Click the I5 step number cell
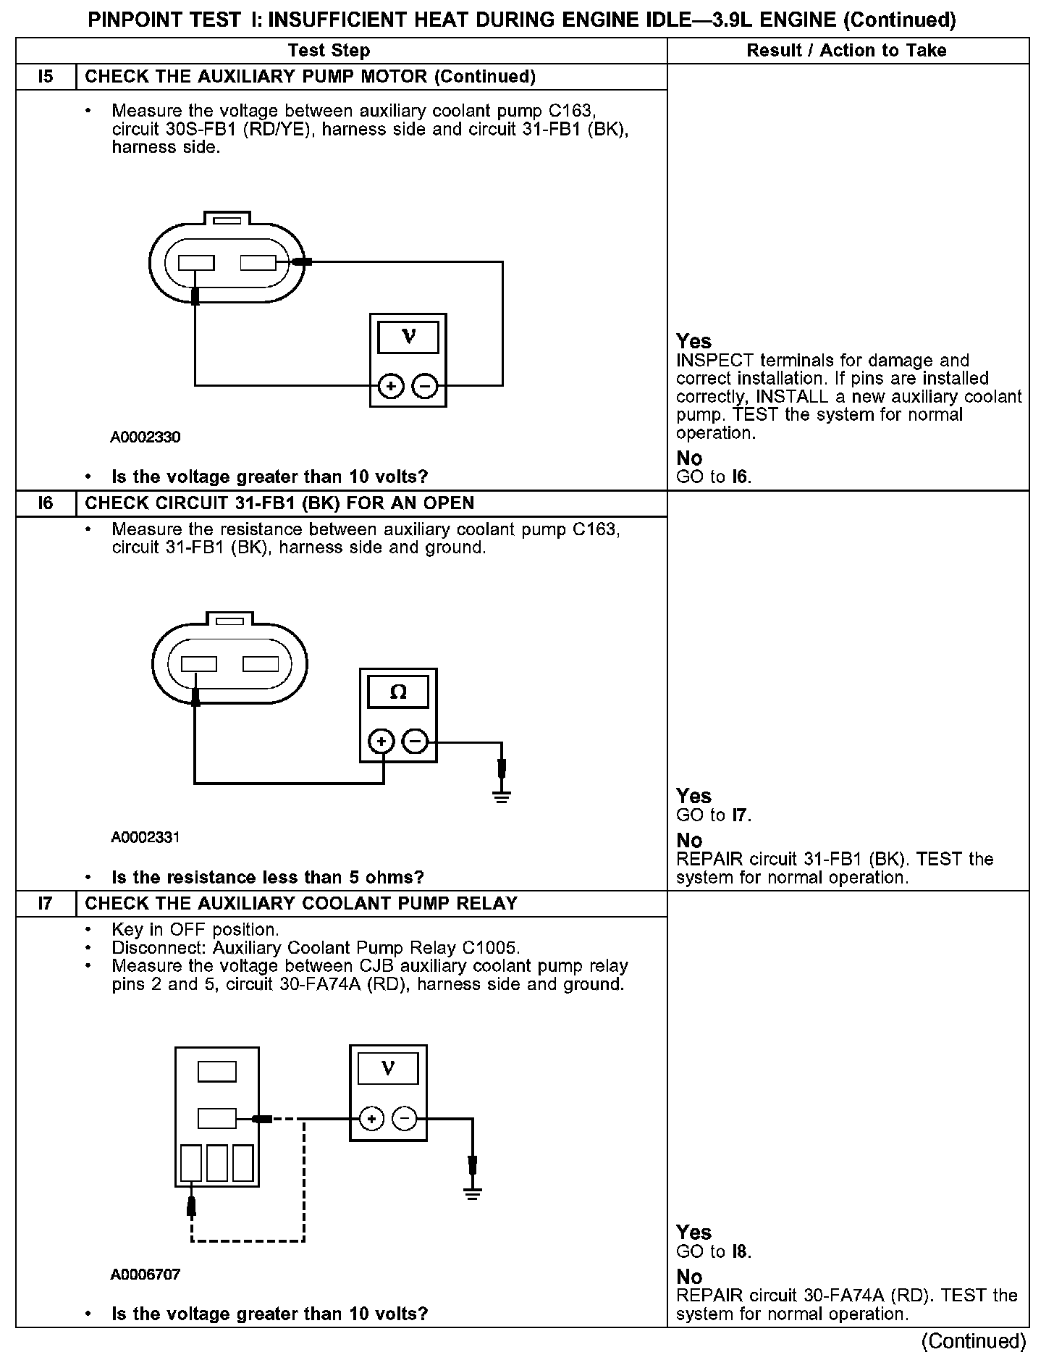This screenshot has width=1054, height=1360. tap(46, 77)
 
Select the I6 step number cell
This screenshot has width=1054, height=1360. tap(46, 503)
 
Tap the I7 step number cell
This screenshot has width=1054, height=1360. tap(46, 904)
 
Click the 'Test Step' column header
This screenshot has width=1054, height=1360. tap(329, 51)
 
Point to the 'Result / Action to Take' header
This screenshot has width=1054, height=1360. tap(846, 51)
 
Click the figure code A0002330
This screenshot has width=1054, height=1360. tap(146, 437)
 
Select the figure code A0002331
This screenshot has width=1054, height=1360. tap(146, 838)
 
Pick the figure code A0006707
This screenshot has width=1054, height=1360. tap(146, 1274)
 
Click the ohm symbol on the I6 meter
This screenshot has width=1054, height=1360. tap(398, 693)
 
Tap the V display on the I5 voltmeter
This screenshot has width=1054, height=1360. tap(408, 337)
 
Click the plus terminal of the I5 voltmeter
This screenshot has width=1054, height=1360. tap(392, 387)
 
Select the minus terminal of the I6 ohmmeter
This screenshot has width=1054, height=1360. tap(416, 742)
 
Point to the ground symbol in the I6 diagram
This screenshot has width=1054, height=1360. tap(502, 797)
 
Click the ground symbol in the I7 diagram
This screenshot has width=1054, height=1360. tap(472, 1194)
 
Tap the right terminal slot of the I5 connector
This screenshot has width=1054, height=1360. tap(258, 263)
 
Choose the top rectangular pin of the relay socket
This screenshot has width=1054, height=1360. tap(217, 1071)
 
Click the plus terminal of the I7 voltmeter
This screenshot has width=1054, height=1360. tap(372, 1119)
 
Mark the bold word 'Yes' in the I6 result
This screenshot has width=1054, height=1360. tap(693, 796)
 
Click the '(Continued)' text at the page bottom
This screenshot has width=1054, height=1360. tap(974, 1341)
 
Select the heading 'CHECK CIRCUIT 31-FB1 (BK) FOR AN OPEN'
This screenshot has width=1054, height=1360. tap(279, 503)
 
